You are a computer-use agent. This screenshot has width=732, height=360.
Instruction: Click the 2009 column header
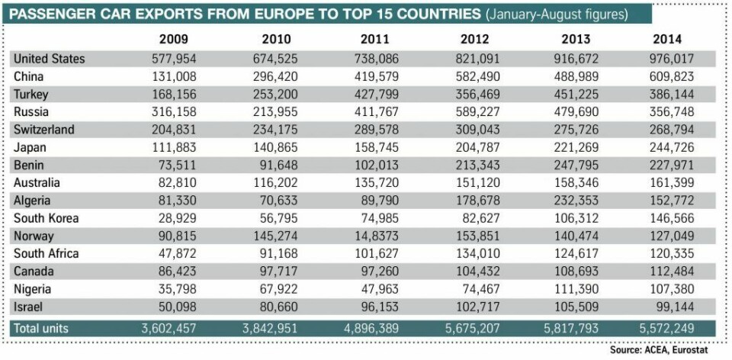coord(174,40)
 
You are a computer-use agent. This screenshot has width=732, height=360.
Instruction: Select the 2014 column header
coord(667,40)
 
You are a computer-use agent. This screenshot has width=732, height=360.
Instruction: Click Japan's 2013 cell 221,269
coord(573,147)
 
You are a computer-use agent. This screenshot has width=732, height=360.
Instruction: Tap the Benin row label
coord(28,166)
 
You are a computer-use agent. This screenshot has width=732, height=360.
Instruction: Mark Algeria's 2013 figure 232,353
coord(573,201)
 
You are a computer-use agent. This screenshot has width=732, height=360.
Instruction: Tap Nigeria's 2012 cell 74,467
coord(478,289)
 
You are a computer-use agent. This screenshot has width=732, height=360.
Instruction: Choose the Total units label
coord(43,327)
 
